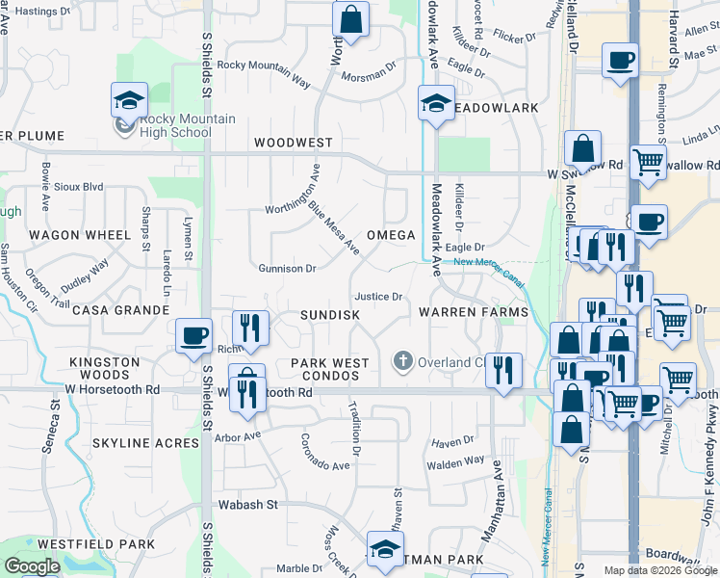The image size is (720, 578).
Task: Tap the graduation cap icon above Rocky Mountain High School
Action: (x=128, y=100)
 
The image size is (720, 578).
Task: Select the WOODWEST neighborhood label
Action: (x=293, y=143)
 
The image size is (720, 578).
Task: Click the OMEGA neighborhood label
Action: (x=391, y=235)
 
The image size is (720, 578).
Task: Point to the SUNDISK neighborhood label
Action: (x=329, y=315)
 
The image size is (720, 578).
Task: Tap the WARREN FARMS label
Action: (x=474, y=313)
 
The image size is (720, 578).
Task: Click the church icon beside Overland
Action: (x=403, y=362)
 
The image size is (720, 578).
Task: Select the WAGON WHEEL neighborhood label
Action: (x=79, y=235)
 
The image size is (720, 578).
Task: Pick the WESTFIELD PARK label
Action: (x=96, y=544)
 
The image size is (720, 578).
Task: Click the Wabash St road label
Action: (x=251, y=504)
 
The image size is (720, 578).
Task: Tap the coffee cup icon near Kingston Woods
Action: (x=194, y=334)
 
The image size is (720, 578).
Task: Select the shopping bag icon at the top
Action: (x=351, y=19)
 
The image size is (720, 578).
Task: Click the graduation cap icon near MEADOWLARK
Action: (x=435, y=102)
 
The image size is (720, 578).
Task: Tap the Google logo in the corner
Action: (x=32, y=566)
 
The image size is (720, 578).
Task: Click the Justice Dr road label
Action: (x=377, y=297)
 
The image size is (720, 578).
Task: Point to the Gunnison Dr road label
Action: (x=288, y=269)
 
